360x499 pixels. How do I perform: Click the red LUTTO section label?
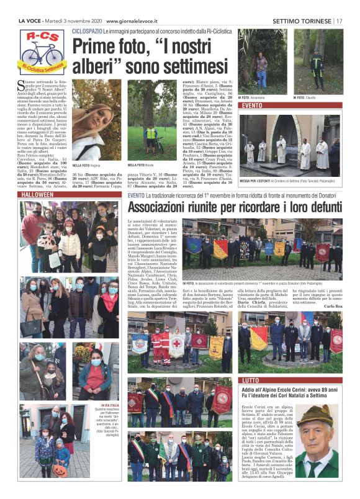251,380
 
